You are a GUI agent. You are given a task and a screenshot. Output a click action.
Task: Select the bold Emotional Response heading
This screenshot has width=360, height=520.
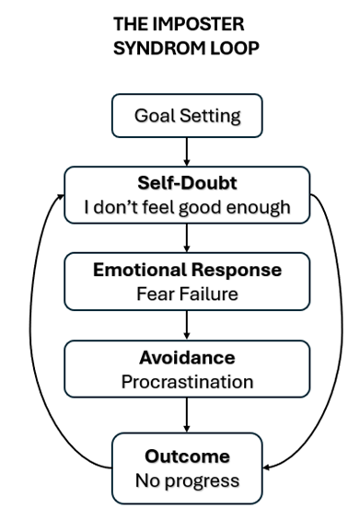(188, 270)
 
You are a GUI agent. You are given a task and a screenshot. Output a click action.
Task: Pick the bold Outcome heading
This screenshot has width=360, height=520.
(188, 456)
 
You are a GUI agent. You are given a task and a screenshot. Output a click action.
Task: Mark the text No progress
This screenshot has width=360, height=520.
(188, 480)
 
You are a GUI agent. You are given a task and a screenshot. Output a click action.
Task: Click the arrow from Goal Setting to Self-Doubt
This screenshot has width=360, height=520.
(188, 149)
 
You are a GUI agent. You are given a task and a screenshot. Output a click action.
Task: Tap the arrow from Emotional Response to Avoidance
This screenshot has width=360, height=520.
(188, 325)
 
